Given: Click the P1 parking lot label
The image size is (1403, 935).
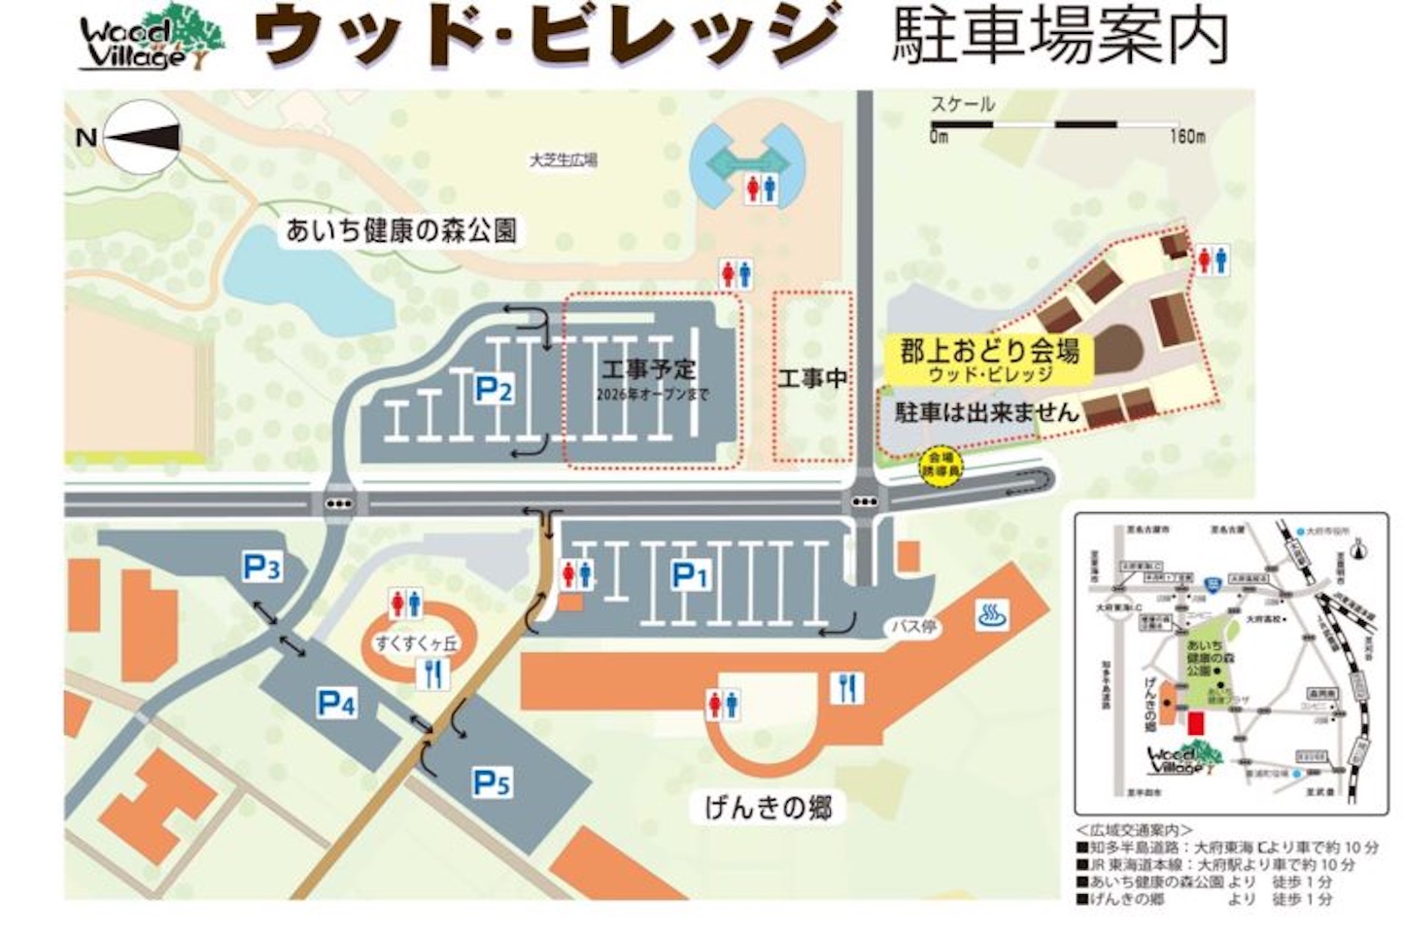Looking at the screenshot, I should tap(690, 576).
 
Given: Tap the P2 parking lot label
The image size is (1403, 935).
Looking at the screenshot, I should tap(493, 391).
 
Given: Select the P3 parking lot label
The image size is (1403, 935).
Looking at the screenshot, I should tap(261, 567).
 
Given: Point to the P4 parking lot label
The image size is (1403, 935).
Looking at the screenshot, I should tap(336, 703).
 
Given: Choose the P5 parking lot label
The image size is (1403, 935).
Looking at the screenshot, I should tap(492, 782).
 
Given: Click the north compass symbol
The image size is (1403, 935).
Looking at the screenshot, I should tap(141, 138).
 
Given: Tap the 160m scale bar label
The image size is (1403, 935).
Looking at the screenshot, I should tap(1186, 137).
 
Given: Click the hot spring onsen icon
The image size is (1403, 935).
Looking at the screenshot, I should tap(991, 614).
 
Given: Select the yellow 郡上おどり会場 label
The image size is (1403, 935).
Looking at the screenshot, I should tap(988, 358).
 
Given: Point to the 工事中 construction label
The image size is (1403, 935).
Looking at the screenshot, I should tap(812, 378).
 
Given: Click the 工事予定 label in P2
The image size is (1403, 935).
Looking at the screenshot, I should tap(648, 370).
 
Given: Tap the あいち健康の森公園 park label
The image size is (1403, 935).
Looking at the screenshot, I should tap(400, 230).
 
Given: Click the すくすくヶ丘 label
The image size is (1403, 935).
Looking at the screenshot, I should tap(417, 642).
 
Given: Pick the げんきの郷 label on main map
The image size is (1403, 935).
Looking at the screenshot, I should tap(768, 807).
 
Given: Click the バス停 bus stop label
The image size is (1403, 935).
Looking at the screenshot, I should tap(913, 627).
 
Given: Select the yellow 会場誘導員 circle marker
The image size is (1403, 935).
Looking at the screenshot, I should tap(941, 464).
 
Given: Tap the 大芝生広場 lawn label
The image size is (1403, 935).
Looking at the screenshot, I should tap(563, 160).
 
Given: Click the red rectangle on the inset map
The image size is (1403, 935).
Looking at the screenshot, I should tap(1195, 724).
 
